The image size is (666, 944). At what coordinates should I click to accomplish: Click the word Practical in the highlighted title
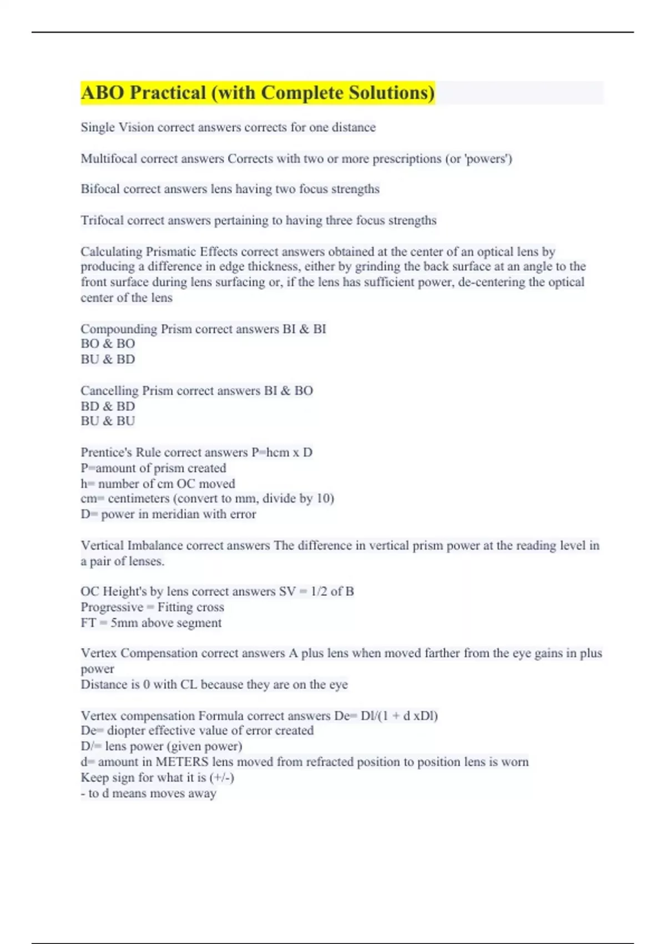pyautogui.click(x=167, y=93)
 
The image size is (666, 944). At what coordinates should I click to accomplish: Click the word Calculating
pyautogui.click(x=111, y=252)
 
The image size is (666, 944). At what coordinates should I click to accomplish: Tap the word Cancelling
pyautogui.click(x=109, y=391)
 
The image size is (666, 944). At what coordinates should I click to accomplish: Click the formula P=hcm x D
pyautogui.click(x=282, y=453)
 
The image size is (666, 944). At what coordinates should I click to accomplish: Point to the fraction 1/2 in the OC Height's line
pyautogui.click(x=319, y=591)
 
